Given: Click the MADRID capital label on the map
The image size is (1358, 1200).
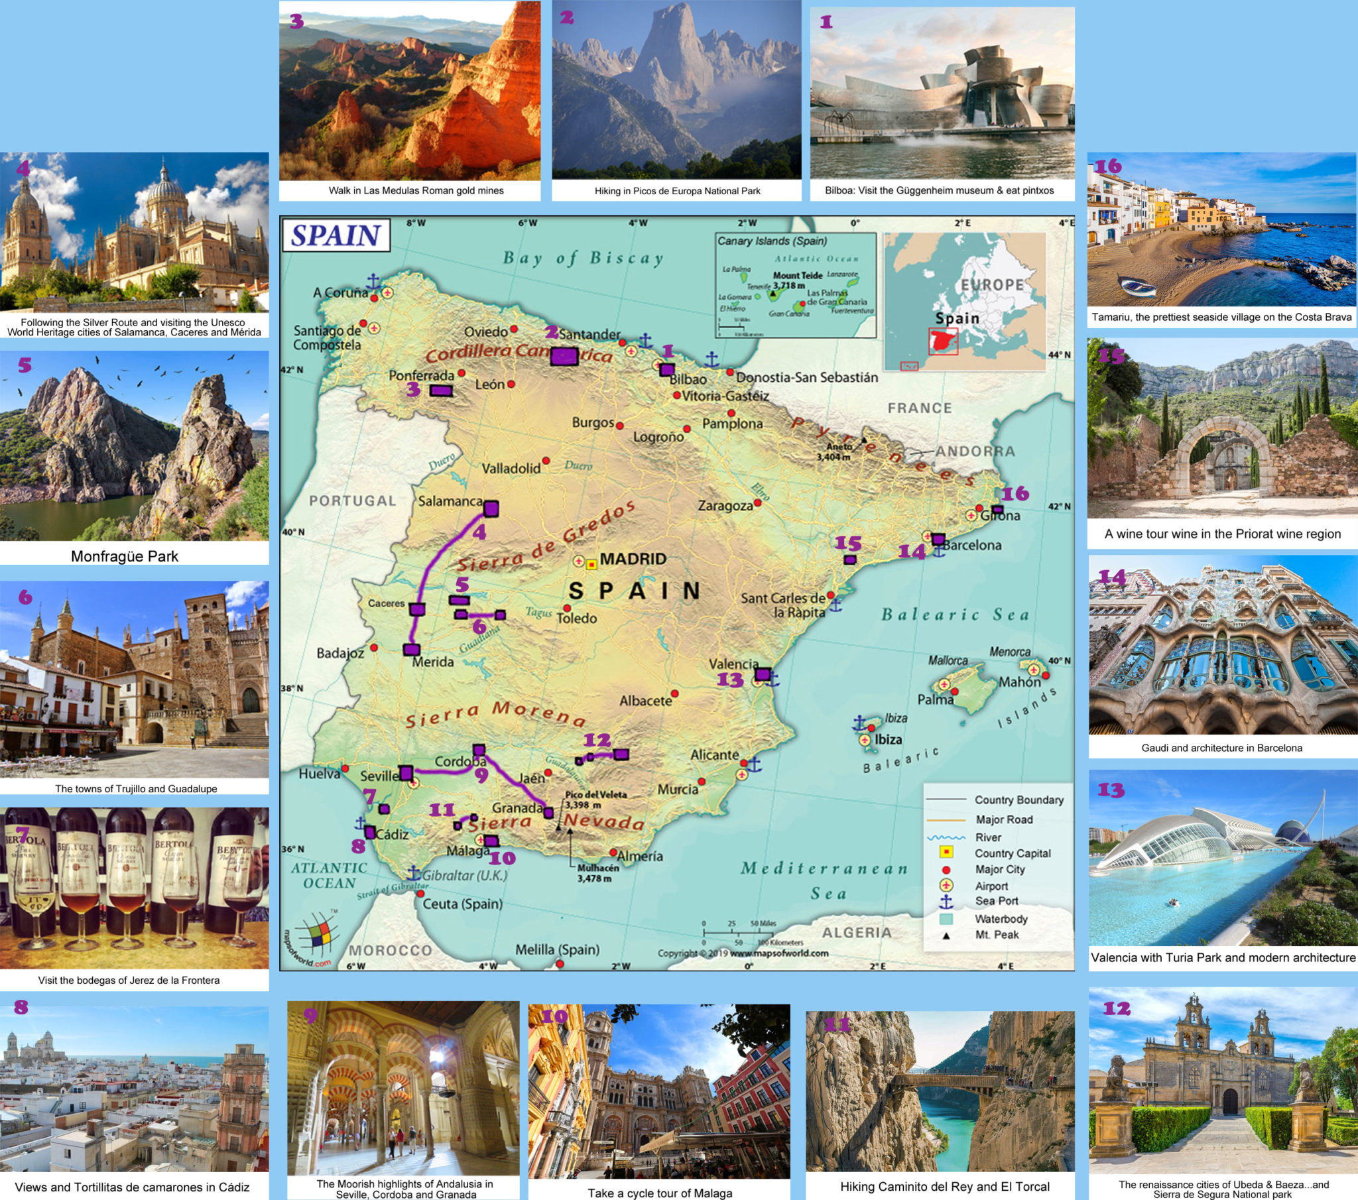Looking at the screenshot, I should pos(633,560).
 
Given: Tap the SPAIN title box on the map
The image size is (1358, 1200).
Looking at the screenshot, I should pos(336,236).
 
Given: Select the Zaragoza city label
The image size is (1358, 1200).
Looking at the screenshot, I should pos(725,506).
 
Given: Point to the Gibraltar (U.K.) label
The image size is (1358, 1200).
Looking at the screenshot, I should pos(464,875).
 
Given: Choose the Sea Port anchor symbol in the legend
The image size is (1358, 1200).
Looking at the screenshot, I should pos(945,902).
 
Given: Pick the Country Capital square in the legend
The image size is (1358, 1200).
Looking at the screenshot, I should pos(945,853).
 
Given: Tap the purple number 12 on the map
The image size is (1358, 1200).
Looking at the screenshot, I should pos(597,740).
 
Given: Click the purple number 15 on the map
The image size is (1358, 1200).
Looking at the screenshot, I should pos(847,544).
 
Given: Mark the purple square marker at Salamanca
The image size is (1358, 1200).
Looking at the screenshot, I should pos(491,509).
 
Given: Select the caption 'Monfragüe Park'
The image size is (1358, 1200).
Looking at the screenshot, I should pos(125,556).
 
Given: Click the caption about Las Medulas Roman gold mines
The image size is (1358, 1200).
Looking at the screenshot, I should pos(416,191).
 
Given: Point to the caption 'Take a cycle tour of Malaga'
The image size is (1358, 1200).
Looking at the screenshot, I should pos(660,1193).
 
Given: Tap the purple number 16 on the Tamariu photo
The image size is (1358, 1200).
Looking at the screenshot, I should pos(1107,166).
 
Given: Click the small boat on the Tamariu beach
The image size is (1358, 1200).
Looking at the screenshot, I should pos(1138,288).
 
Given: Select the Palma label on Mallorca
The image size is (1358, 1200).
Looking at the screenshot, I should pos(936,699).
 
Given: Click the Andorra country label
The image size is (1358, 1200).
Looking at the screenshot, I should pos(975,452).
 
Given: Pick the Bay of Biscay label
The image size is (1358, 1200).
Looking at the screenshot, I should pos(583,259).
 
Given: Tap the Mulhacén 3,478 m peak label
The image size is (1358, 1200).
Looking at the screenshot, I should pos(597,873).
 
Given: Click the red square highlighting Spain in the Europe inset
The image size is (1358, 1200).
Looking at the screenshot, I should pos(943,341).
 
